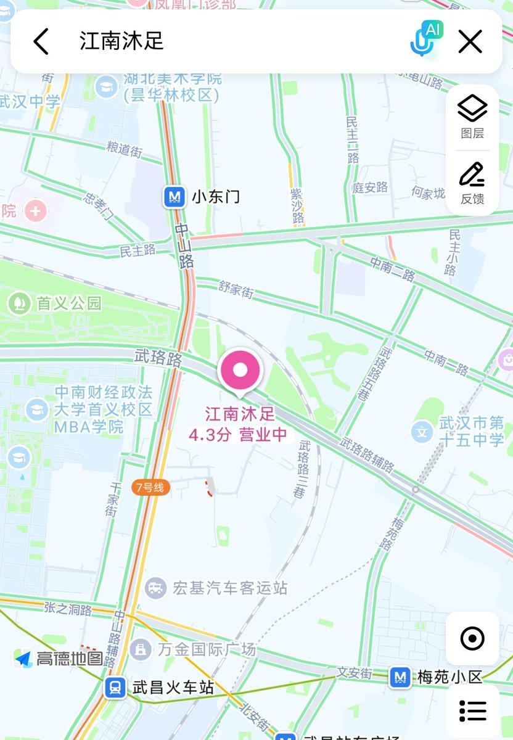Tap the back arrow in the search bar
[41, 42]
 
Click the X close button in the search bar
[470, 42]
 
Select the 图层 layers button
[472, 117]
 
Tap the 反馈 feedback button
[472, 183]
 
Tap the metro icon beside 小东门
[175, 197]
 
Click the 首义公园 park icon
[20, 303]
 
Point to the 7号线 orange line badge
[150, 487]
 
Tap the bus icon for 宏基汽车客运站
[156, 588]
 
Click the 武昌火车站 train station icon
[115, 687]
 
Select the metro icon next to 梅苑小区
[400, 677]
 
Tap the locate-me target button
[472, 638]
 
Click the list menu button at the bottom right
[472, 710]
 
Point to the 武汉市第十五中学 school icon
[422, 432]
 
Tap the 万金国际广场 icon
[141, 649]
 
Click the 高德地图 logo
[59, 659]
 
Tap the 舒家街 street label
[236, 289]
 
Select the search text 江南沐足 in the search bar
[121, 41]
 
